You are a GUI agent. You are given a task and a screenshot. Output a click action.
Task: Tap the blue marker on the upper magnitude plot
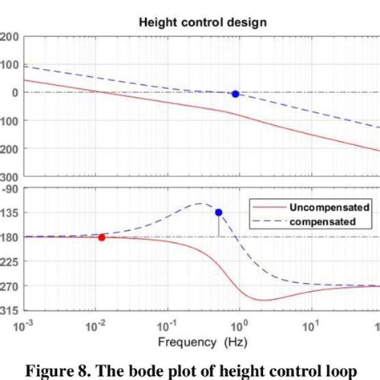(x=235, y=94)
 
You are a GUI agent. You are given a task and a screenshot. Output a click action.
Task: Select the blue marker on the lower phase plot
(x=218, y=212)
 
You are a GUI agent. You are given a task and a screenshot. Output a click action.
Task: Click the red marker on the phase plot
(x=101, y=237)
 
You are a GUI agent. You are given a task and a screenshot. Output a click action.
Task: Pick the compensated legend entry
(x=317, y=222)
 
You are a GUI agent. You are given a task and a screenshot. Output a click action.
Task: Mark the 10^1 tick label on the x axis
(x=309, y=326)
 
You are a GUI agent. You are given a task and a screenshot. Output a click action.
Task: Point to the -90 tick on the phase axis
(x=9, y=189)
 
